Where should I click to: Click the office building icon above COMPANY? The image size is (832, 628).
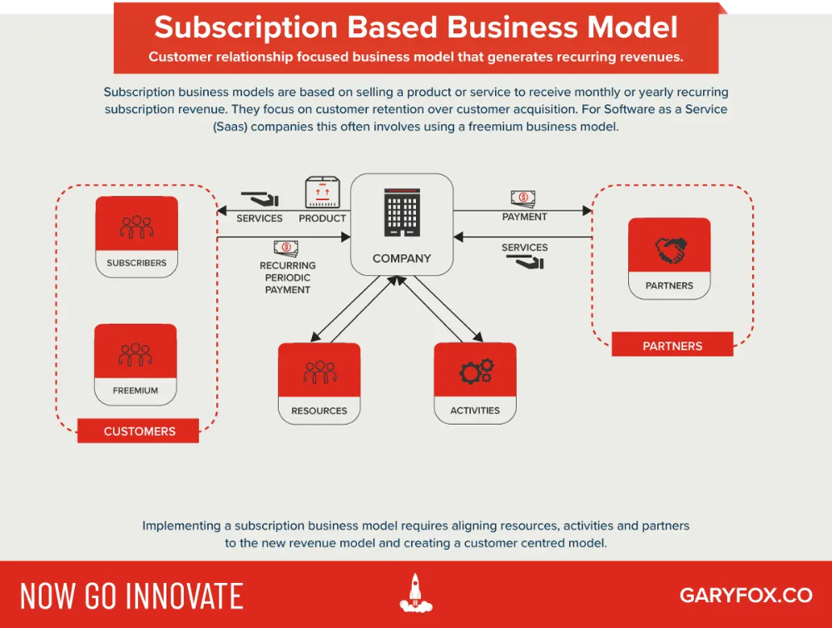pos(402,212)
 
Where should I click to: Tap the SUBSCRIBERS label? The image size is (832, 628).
pos(136,263)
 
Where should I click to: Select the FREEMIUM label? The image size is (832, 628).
pos(136,391)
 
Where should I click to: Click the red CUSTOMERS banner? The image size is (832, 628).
pos(138,431)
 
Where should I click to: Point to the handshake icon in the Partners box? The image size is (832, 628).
pos(670,250)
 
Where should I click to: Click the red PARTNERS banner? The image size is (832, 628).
pos(672,346)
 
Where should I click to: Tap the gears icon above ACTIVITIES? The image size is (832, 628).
pos(477,371)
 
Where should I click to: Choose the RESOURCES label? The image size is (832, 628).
pos(319,411)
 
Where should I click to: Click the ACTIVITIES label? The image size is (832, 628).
pos(475,410)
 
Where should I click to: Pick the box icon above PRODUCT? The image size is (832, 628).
pos(322,192)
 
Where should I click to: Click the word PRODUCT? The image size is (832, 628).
pos(322,218)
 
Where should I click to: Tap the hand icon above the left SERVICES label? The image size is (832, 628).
pos(260,199)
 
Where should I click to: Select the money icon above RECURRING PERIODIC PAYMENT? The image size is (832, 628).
pos(286,247)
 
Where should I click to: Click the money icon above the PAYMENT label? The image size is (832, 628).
pos(523,198)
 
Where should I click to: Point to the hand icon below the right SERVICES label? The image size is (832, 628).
pos(525,262)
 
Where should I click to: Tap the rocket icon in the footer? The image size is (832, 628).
pos(416,593)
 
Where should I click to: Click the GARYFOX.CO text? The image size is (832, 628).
pos(746,595)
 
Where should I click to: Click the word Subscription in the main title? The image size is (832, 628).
pos(246,27)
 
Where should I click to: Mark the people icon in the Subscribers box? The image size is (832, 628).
pos(136,227)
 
